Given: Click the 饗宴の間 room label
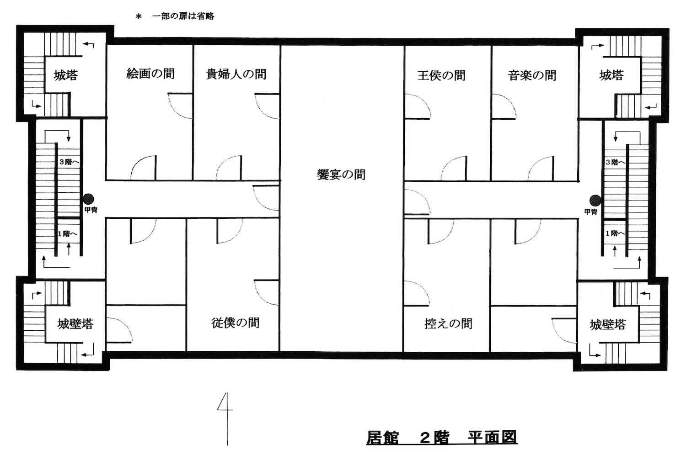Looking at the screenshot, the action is click(341, 174).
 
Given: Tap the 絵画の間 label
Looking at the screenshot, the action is click(150, 74).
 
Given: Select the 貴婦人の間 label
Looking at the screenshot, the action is click(236, 74).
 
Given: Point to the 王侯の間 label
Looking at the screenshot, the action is click(441, 75).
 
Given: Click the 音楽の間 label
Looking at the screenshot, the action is click(532, 75).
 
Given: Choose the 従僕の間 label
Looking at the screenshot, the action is click(235, 323).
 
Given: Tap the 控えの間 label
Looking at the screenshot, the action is click(448, 324).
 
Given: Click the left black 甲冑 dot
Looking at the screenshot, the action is click(88, 199).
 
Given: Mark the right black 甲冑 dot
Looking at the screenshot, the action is click(595, 200).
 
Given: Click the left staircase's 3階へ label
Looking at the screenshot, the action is click(69, 162).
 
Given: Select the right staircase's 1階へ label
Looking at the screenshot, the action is click(615, 233).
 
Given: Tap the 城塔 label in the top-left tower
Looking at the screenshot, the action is click(66, 75).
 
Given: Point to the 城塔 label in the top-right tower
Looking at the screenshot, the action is click(611, 75).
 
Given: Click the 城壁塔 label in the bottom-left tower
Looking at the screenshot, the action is click(75, 324).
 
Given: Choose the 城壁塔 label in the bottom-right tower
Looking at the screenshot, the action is click(608, 325).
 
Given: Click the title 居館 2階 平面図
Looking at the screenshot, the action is click(441, 438).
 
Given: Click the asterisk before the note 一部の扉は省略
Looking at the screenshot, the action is click(139, 17).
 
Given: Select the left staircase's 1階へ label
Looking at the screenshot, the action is click(67, 234).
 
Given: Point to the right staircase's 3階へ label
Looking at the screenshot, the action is click(616, 162).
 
